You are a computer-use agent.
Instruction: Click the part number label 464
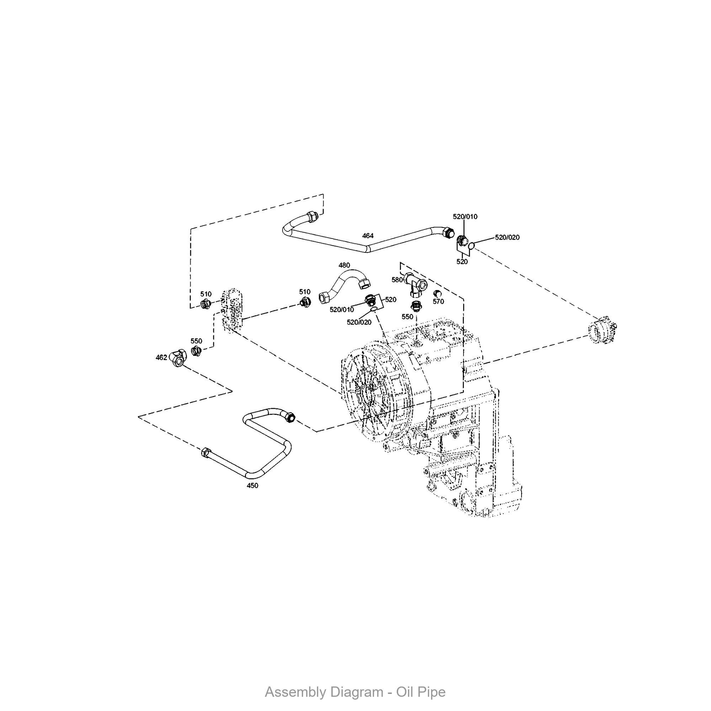click(x=368, y=236)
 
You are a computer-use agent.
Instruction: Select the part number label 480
click(x=344, y=265)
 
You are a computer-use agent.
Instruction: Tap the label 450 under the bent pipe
click(x=252, y=485)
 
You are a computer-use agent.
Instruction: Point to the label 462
click(x=161, y=357)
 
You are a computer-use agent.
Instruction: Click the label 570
click(x=438, y=301)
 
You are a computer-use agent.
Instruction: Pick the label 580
click(x=397, y=280)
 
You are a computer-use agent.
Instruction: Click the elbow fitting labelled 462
click(x=178, y=357)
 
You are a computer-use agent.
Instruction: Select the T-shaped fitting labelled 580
click(x=416, y=284)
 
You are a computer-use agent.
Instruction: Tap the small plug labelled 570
click(x=438, y=293)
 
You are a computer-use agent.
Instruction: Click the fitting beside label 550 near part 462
click(x=196, y=352)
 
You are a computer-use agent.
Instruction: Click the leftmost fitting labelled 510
click(x=205, y=304)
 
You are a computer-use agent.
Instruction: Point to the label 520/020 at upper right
click(x=507, y=237)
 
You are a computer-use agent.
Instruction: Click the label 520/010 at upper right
click(x=465, y=216)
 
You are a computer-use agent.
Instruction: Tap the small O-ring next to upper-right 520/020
click(x=472, y=245)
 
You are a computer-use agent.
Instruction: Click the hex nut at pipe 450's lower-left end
click(x=206, y=452)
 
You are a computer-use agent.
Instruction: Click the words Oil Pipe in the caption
click(x=421, y=692)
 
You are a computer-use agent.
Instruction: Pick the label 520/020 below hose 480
click(x=359, y=322)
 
